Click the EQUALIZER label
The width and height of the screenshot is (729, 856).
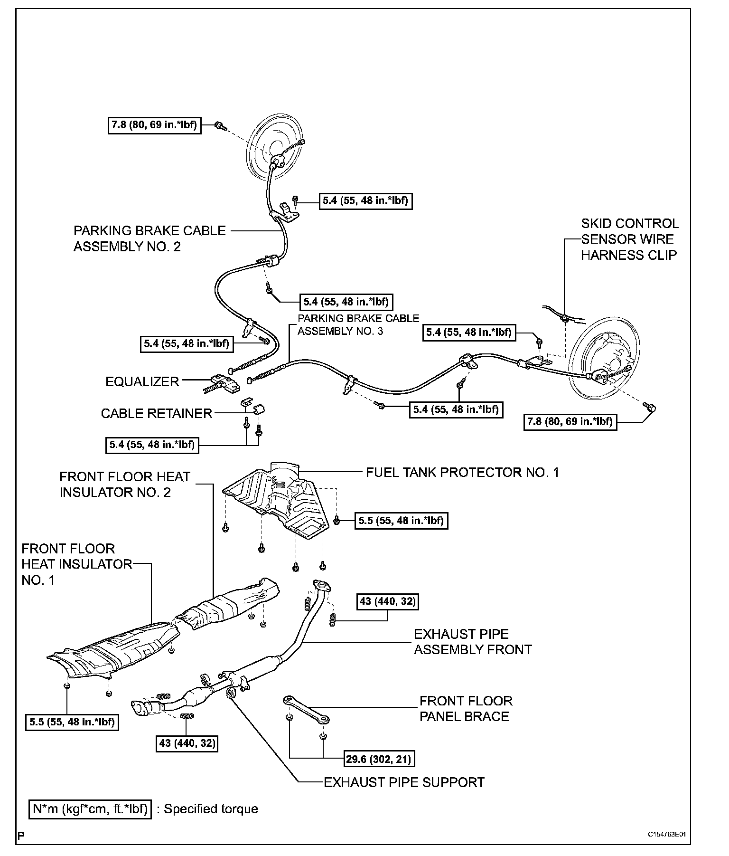(142, 382)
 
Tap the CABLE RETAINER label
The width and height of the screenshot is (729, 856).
(156, 413)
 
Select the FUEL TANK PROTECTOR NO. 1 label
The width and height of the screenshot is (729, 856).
(462, 472)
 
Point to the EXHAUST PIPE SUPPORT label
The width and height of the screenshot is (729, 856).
(404, 782)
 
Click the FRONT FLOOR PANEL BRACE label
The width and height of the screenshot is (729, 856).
(466, 709)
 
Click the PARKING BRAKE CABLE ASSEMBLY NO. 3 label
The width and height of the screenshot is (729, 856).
(358, 324)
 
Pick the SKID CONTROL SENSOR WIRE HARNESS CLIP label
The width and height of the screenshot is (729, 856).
(629, 239)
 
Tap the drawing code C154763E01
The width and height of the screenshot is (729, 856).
(667, 834)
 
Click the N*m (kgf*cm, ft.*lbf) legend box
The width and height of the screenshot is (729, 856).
(90, 809)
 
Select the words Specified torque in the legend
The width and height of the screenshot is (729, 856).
(211, 809)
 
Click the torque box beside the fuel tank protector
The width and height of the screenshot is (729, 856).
(401, 521)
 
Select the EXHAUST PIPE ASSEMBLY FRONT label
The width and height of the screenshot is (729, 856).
(473, 642)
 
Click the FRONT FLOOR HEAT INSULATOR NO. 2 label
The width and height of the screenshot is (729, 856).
(124, 485)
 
